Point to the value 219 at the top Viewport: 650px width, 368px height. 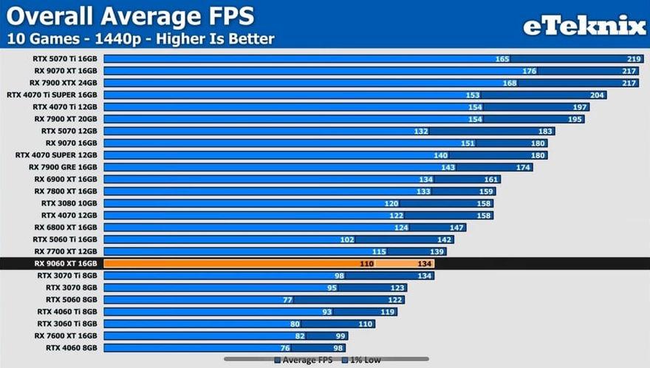pyautogui.click(x=633, y=59)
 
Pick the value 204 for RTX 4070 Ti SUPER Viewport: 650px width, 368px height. pyautogui.click(x=598, y=95)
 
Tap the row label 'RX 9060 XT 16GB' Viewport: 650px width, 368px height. pyautogui.click(x=66, y=263)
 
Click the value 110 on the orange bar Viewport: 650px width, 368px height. pyautogui.click(x=366, y=263)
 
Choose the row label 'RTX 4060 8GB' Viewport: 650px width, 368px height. pyautogui.click(x=72, y=347)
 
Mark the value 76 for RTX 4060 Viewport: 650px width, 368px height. pyautogui.click(x=285, y=347)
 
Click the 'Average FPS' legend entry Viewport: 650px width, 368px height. pyautogui.click(x=304, y=361)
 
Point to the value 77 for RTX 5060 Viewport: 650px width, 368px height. pyautogui.click(x=288, y=299)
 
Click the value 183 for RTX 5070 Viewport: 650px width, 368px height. pyautogui.click(x=545, y=131)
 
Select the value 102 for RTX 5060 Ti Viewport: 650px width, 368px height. pyautogui.click(x=347, y=239)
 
